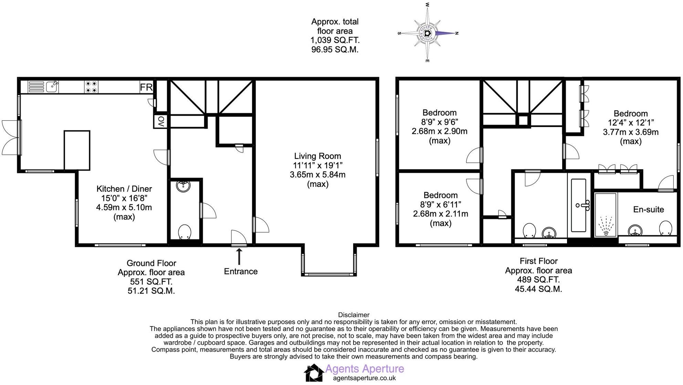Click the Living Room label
(317, 156)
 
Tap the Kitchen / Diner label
(124, 189)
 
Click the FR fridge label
(146, 87)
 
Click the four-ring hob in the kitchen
(91, 87)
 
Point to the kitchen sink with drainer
(43, 87)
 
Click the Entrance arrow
(239, 256)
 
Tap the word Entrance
(241, 271)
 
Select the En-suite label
(648, 210)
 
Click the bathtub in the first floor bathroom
(579, 205)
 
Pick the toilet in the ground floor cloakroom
(185, 232)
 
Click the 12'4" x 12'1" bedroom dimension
(631, 123)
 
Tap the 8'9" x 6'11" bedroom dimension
(440, 205)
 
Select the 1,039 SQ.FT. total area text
(335, 40)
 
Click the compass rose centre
(427, 33)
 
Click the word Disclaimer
(354, 315)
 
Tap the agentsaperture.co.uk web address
(364, 378)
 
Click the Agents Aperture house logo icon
(313, 373)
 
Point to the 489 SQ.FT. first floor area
(538, 280)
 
